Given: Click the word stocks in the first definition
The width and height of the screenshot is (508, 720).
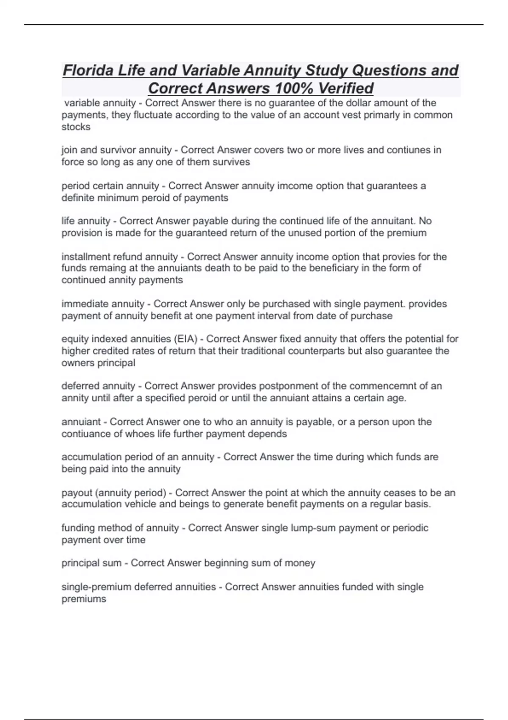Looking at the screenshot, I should click(76, 127).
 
